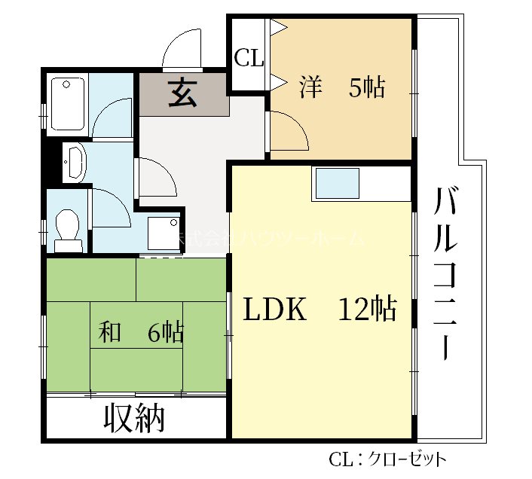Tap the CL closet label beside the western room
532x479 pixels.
249,58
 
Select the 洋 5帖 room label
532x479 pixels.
342,88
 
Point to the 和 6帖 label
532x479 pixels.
142,332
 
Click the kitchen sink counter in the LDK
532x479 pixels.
337,184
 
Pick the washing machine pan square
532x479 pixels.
164,233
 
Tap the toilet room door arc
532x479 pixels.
109,206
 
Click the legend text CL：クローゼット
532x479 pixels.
387,459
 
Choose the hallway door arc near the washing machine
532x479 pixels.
156,178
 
